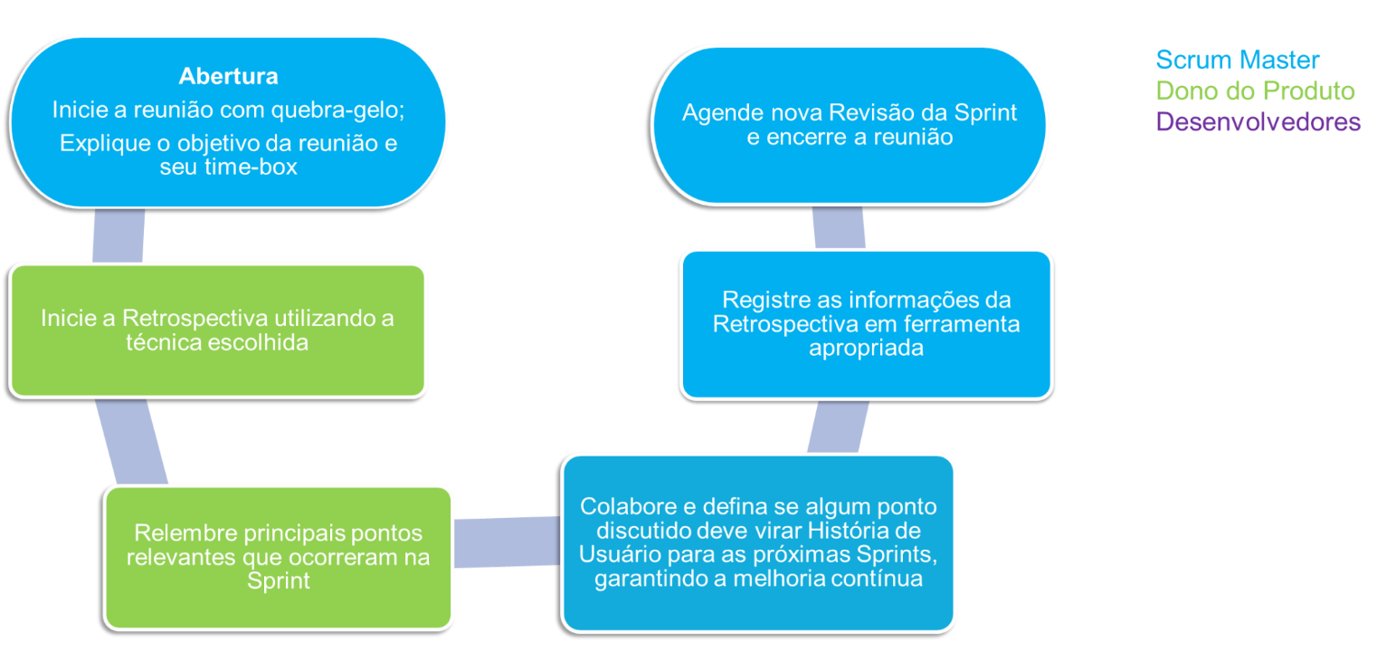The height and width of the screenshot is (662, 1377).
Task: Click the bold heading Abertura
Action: (228, 75)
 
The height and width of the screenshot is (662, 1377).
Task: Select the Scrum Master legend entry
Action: (1238, 61)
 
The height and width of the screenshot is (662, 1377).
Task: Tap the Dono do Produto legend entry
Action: (1255, 91)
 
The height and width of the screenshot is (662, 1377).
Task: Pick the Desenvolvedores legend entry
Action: (1258, 121)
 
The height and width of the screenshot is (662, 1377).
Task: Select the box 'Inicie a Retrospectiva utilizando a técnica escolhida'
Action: (217, 331)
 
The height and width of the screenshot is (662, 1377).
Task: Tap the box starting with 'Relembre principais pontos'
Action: (279, 556)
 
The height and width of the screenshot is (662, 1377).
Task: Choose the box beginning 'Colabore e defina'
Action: (758, 542)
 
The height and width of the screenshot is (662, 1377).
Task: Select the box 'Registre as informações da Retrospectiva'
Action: (866, 323)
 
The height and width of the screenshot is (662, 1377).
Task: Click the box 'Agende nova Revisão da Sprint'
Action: (849, 125)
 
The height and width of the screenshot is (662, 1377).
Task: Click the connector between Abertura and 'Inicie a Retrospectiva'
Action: (119, 235)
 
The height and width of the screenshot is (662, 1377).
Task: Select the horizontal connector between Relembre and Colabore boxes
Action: (507, 542)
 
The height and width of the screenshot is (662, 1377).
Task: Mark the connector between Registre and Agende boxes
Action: (839, 227)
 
